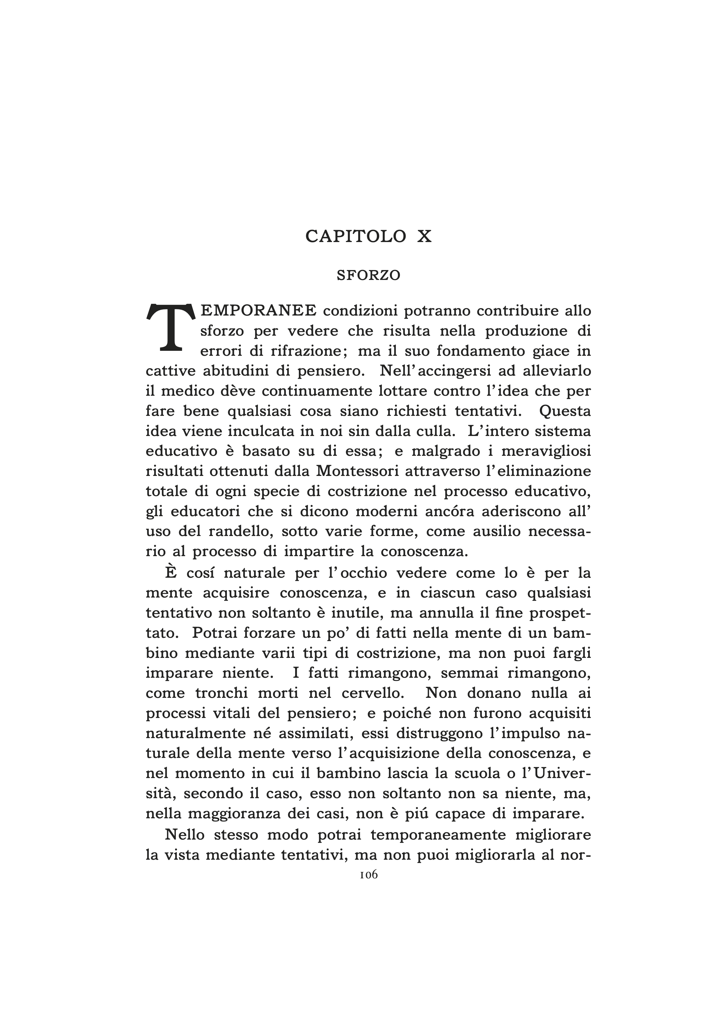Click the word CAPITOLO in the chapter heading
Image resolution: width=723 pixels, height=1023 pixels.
point(356,237)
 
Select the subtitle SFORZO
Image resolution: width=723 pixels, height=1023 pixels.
point(368,276)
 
